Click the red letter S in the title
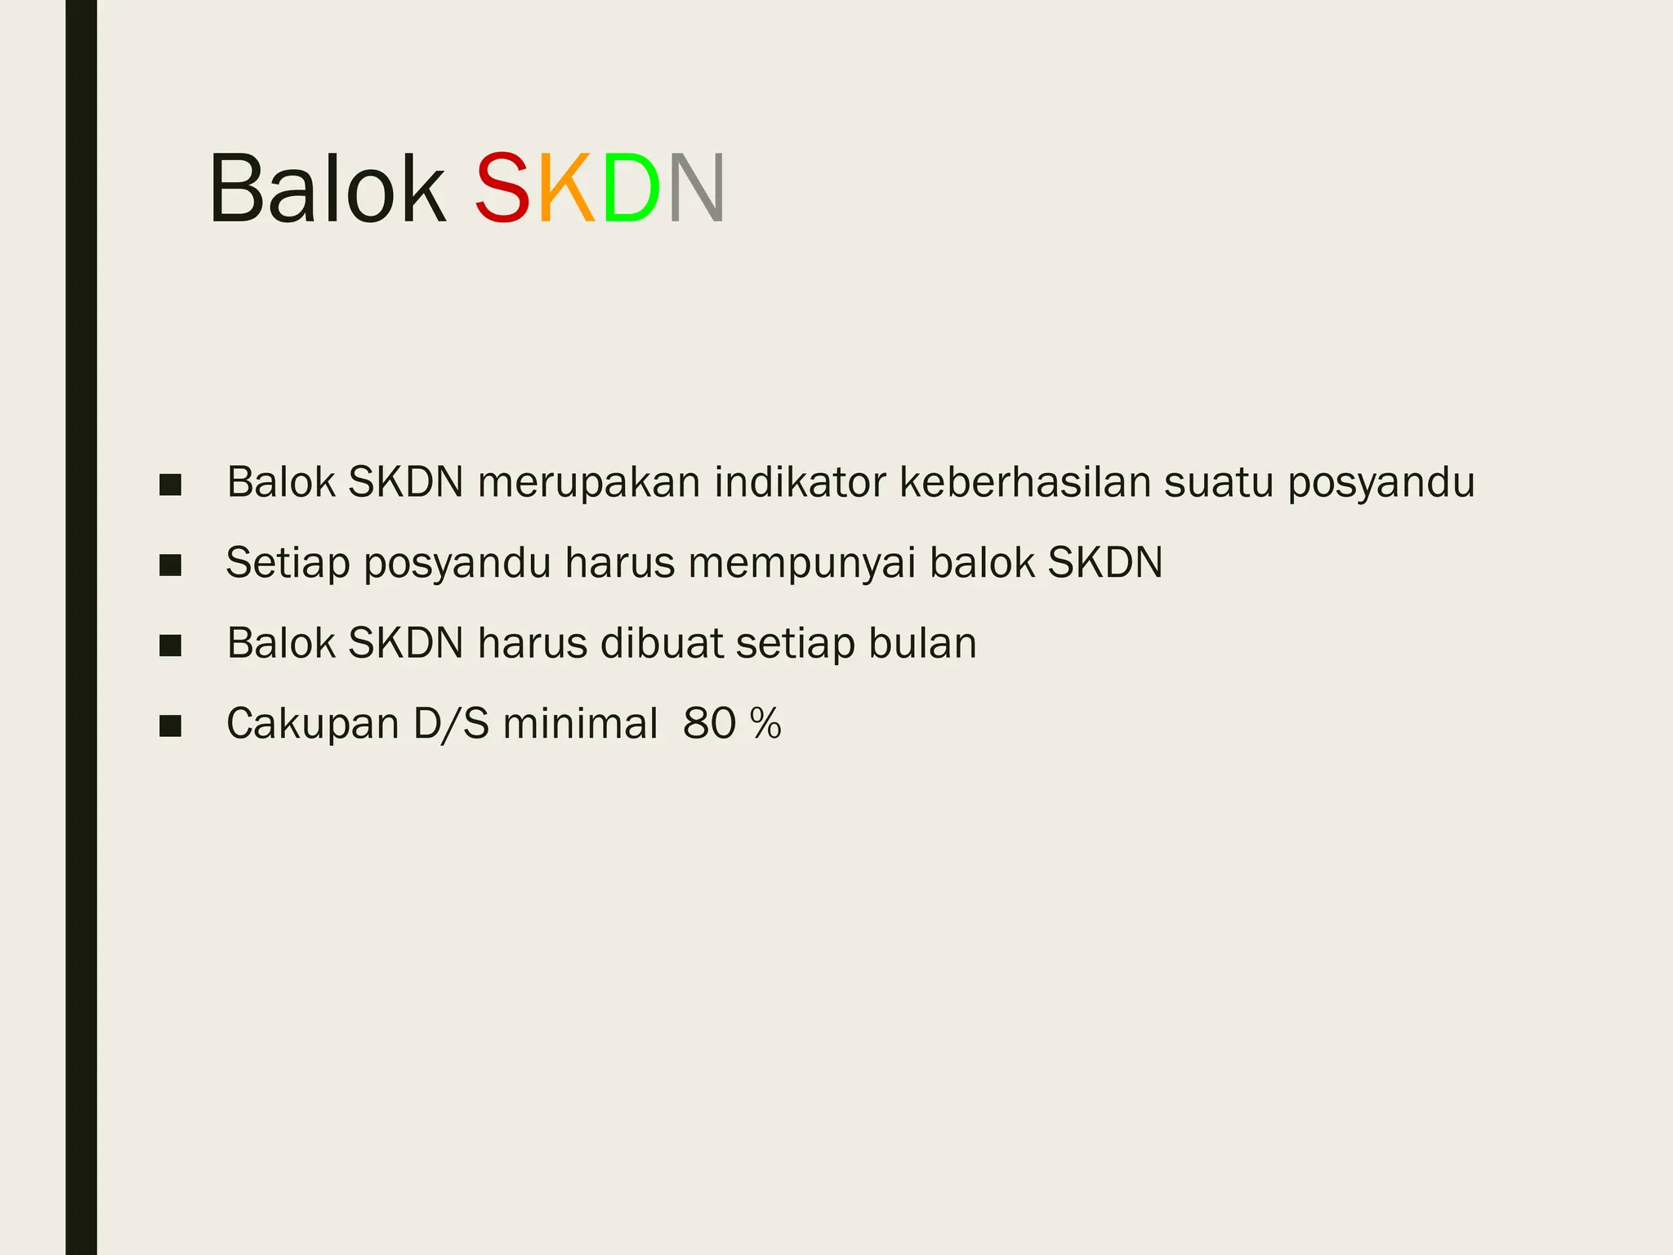pos(503,190)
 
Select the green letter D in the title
pos(631,190)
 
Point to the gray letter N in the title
pos(696,190)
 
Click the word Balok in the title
pos(328,190)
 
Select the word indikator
pos(800,483)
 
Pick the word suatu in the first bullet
pos(1219,483)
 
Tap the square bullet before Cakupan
pos(170,726)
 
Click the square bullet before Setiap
pos(170,565)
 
